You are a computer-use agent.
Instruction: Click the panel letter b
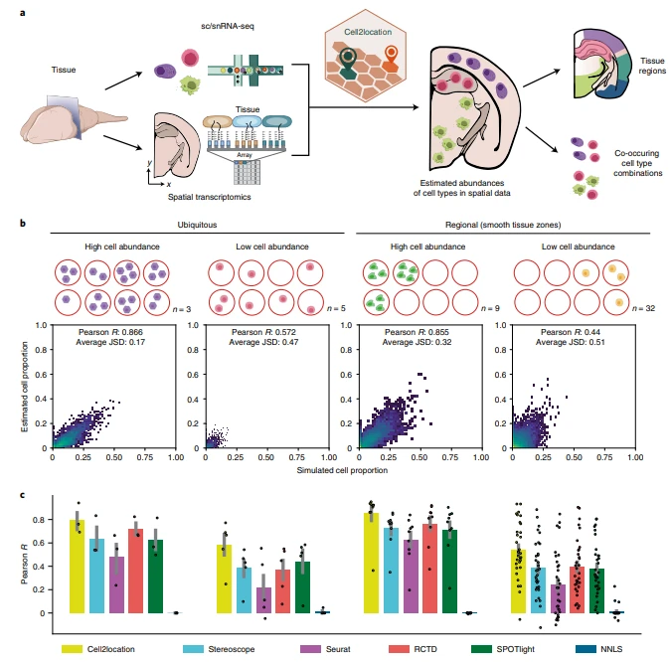(x=23, y=226)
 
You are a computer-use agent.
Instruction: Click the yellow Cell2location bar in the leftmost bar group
(x=77, y=567)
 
